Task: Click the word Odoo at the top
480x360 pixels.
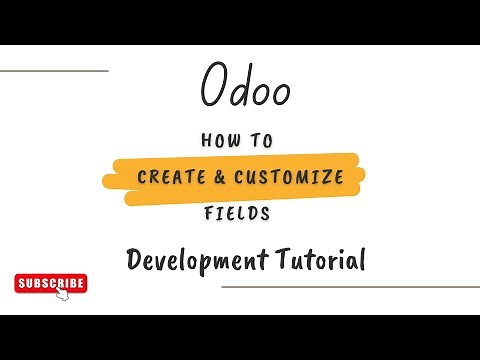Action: click(x=245, y=87)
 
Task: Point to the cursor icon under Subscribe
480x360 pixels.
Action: click(x=61, y=296)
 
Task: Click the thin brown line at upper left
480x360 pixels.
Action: click(x=54, y=71)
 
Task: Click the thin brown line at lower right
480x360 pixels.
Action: click(x=349, y=286)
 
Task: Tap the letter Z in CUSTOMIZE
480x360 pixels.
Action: click(x=326, y=177)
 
